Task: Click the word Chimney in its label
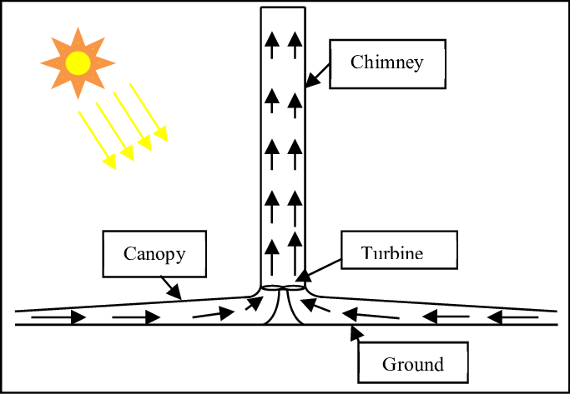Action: (x=386, y=62)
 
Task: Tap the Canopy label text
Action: (x=154, y=254)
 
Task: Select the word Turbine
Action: (x=392, y=253)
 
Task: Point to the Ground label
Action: (x=412, y=364)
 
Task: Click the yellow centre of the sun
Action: (x=78, y=62)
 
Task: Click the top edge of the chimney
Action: (x=282, y=7)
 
